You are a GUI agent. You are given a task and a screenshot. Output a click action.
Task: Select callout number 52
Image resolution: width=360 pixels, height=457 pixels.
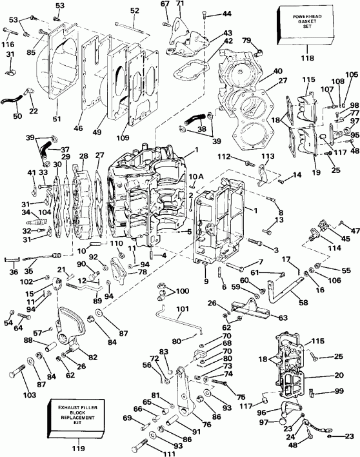[x=134, y=10]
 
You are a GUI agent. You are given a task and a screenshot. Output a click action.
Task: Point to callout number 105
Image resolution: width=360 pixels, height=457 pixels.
[x=351, y=76]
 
